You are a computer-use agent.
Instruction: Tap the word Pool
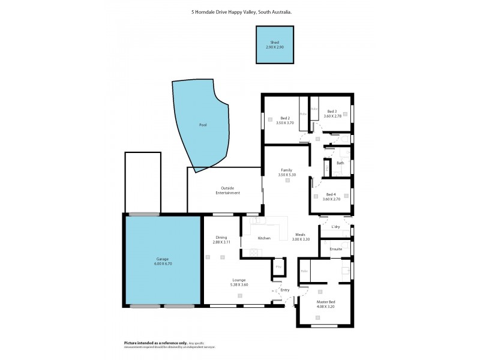(203, 125)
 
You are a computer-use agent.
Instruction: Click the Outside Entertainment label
(227, 191)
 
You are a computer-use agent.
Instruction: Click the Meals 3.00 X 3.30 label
(301, 237)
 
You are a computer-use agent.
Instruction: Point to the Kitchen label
(264, 238)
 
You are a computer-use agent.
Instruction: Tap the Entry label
(285, 290)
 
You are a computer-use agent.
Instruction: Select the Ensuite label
(336, 248)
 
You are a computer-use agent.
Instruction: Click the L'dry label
(335, 227)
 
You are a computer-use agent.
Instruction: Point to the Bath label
(340, 163)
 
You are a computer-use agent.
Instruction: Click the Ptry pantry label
(278, 266)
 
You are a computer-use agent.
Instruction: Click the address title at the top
(240, 11)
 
